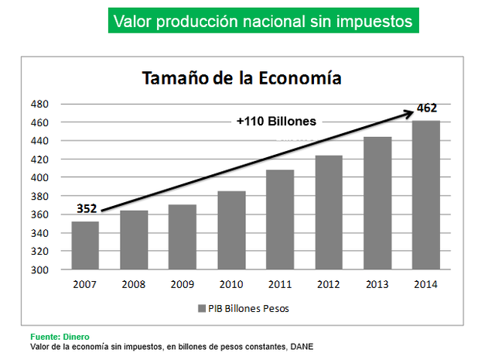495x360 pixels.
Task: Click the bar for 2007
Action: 85,246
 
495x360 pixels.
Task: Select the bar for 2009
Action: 183,238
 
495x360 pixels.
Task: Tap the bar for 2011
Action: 280,220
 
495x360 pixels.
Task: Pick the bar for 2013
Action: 377,204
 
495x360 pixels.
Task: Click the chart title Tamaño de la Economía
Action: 241,79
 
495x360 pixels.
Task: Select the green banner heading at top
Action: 263,21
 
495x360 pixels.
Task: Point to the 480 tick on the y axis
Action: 40,104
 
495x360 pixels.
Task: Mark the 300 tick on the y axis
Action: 40,270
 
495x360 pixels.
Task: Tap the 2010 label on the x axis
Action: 231,284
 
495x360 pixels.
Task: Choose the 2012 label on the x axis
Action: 329,284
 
